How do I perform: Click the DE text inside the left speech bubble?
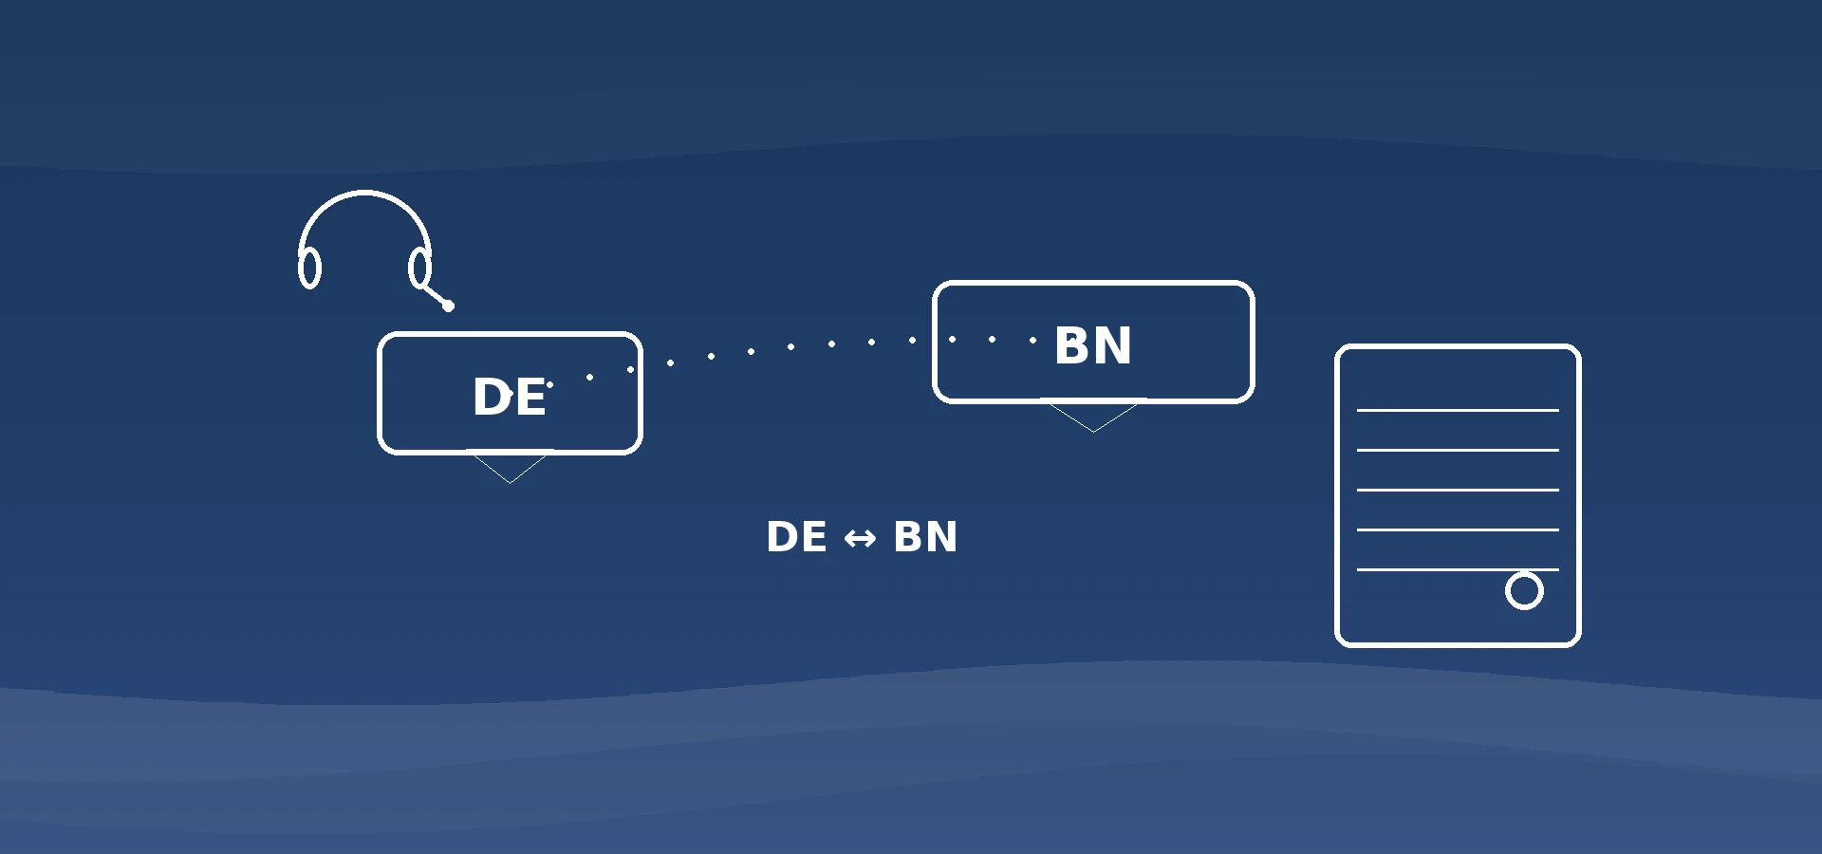pyautogui.click(x=510, y=397)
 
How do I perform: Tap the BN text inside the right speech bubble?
pyautogui.click(x=1093, y=345)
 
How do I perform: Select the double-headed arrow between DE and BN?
pyautogui.click(x=860, y=539)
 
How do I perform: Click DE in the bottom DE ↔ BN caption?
pyautogui.click(x=797, y=536)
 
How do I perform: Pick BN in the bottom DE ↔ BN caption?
pyautogui.click(x=925, y=536)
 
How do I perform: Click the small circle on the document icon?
pyautogui.click(x=1524, y=590)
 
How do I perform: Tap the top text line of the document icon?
pyautogui.click(x=1458, y=410)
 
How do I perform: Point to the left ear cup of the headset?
pyautogui.click(x=309, y=268)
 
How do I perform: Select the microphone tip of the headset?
pyautogui.click(x=449, y=306)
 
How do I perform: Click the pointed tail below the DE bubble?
pyautogui.click(x=510, y=469)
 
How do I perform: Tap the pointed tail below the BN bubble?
pyautogui.click(x=1093, y=418)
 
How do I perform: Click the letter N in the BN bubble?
pyautogui.click(x=1112, y=345)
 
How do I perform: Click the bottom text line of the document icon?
pyautogui.click(x=1458, y=569)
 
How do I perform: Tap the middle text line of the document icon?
pyautogui.click(x=1458, y=490)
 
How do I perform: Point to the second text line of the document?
pyautogui.click(x=1458, y=450)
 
